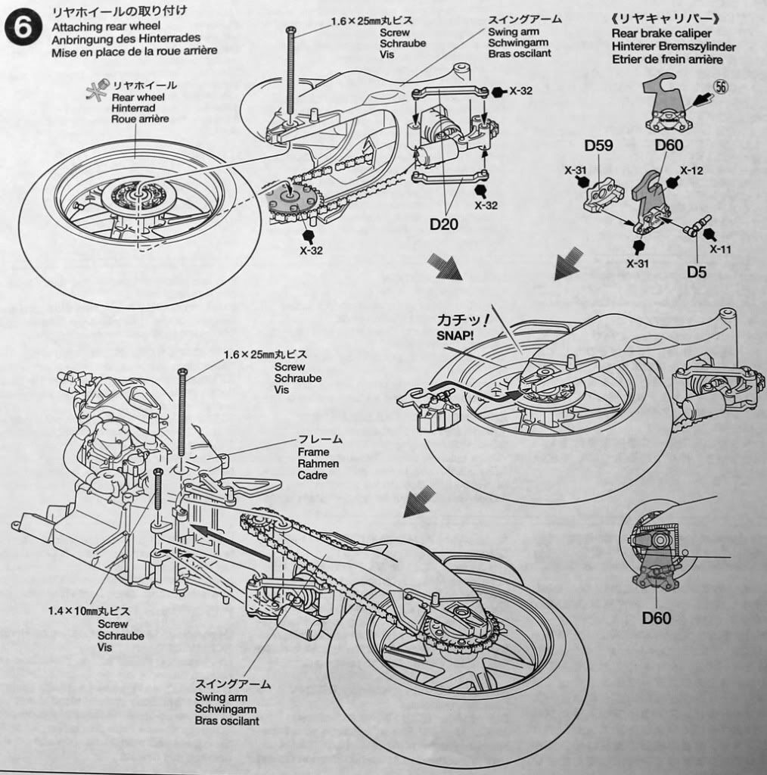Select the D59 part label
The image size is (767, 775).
click(x=599, y=145)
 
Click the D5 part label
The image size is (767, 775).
click(x=697, y=270)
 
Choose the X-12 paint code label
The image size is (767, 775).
click(x=691, y=171)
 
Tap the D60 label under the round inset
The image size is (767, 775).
click(x=657, y=618)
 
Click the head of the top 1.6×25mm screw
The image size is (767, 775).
click(x=290, y=29)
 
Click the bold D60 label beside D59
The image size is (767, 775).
click(x=669, y=145)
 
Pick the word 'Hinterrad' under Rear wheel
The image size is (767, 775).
click(x=133, y=108)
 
